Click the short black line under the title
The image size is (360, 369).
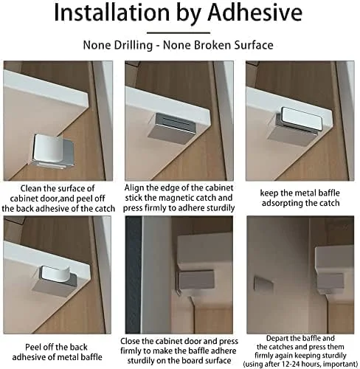pos(180,31)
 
